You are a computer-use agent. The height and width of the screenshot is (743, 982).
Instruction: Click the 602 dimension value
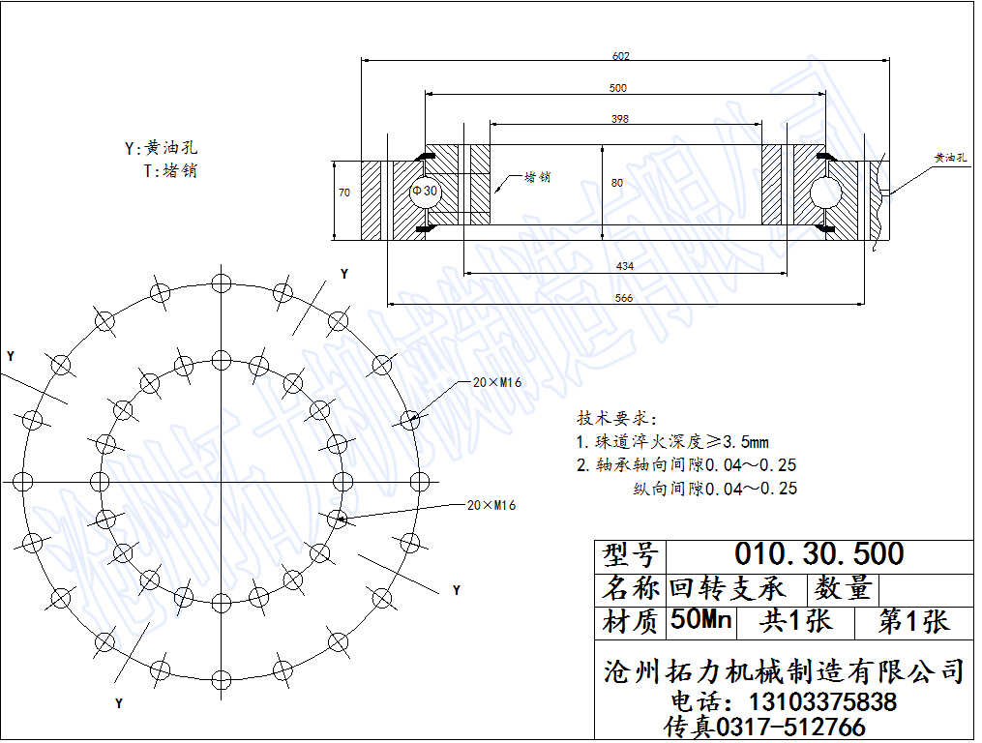pos(621,56)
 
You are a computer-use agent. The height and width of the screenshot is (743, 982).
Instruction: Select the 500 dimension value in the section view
pos(618,88)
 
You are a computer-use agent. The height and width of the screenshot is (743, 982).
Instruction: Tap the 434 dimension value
pos(625,266)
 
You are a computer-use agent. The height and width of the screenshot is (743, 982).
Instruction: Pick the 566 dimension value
pos(624,298)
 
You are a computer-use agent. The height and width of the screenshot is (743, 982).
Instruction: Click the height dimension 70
pos(344,193)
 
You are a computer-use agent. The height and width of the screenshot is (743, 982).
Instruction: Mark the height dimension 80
pos(617,183)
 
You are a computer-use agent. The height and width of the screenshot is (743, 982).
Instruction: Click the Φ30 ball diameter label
pos(425,191)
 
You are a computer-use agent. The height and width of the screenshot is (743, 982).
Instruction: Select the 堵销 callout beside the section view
pos(538,178)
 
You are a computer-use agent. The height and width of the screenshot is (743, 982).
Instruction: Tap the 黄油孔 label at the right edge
pos(950,157)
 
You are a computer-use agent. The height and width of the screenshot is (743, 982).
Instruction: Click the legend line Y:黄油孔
pos(161,148)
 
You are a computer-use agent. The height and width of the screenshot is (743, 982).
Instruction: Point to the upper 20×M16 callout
pos(497,383)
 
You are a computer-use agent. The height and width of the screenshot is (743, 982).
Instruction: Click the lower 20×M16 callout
pos(491,505)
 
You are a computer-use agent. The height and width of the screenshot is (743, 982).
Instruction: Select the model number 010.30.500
pos(818,554)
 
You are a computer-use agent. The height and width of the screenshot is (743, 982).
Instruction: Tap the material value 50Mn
pos(701,620)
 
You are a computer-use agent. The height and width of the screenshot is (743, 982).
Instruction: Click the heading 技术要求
pos(615,419)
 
